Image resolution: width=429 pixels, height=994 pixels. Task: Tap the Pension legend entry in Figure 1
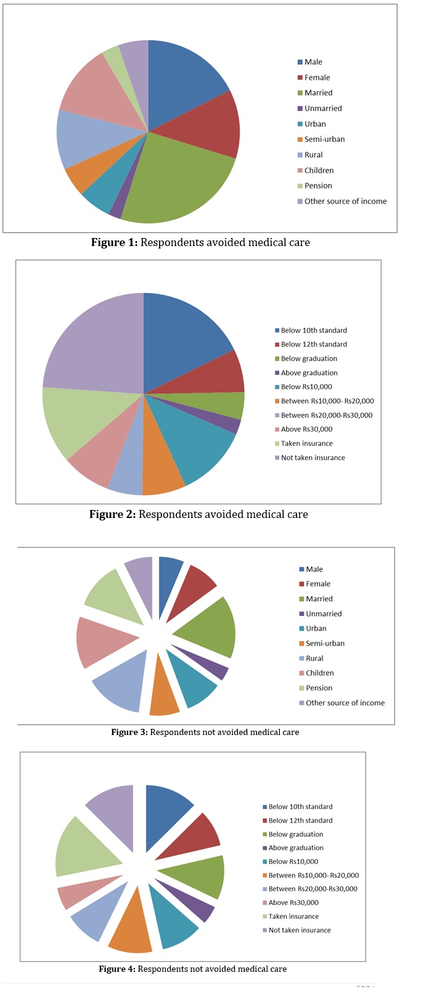318,186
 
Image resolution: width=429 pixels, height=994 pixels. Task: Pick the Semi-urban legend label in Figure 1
324,139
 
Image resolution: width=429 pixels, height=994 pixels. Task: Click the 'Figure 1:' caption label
114,242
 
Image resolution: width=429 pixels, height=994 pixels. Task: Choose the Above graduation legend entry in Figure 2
309,373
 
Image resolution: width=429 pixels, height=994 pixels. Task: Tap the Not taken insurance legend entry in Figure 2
313,458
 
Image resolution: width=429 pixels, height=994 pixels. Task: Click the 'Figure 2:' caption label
112,514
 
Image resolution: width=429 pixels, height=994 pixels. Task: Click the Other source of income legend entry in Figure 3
345,703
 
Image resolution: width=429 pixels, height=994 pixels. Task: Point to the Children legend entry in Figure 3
319,673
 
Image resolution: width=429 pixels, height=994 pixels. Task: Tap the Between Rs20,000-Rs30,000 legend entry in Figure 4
313,889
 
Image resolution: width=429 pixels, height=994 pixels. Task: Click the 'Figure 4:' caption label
116,969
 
